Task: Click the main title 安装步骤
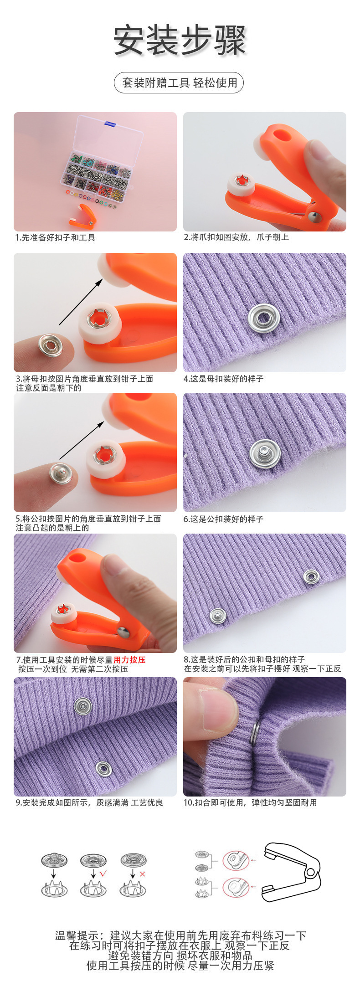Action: tap(180, 41)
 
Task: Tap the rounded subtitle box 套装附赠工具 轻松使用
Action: tap(179, 83)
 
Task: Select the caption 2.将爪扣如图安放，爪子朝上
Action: tap(236, 237)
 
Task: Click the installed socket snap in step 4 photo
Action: tap(264, 318)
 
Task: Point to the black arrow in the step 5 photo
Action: tap(82, 440)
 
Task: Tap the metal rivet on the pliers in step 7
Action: tap(123, 631)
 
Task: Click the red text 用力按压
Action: tap(129, 660)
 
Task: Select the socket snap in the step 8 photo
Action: tap(311, 576)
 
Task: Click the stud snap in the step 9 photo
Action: tap(83, 706)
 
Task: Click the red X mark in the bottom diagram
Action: tap(142, 874)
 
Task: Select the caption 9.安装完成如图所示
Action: tap(89, 802)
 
